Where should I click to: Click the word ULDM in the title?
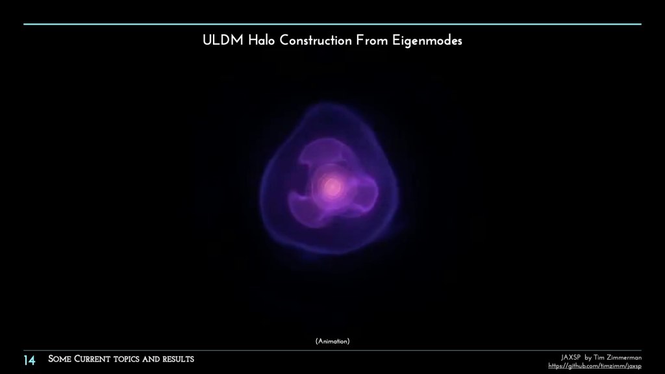point(223,41)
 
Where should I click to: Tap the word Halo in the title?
point(262,41)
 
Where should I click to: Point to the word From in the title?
point(371,41)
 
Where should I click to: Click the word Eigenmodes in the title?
point(427,41)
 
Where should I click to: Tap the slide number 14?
point(29,360)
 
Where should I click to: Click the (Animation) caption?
point(332,342)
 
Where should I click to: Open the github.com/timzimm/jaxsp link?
point(595,366)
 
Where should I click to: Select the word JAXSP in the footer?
point(570,358)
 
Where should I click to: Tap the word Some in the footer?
point(59,359)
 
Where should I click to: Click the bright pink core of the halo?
point(332,186)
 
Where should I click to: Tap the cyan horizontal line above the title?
point(332,24)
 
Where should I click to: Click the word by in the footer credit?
point(588,358)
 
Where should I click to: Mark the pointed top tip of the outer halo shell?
point(326,102)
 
